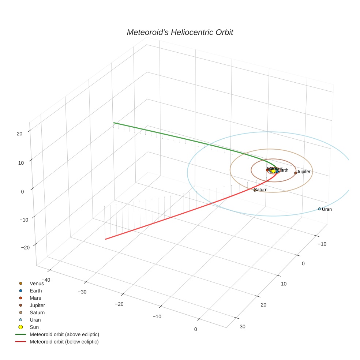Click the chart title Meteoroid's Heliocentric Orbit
[180, 32]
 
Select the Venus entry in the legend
[37, 284]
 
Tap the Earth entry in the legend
[35, 291]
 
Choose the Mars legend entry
[35, 298]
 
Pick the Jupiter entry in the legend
[37, 305]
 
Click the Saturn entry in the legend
[37, 312]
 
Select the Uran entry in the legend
[35, 320]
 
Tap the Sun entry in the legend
[34, 327]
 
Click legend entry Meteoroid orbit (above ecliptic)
[64, 334]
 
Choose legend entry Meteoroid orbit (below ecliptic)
[64, 342]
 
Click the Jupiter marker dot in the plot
[296, 173]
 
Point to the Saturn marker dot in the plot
[255, 190]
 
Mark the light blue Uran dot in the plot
[319, 209]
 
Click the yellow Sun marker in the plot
[273, 171]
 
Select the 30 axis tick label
[243, 326]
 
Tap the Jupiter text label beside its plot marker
[304, 172]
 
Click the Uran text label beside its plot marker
[327, 209]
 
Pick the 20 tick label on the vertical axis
[19, 134]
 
